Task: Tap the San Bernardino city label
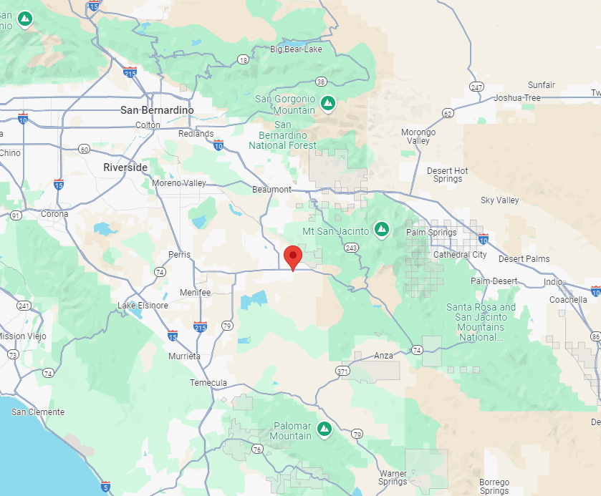tap(157, 110)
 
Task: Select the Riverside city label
tap(125, 167)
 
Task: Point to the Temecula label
tap(208, 382)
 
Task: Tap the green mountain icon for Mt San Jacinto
tap(383, 229)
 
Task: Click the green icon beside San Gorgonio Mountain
tap(328, 102)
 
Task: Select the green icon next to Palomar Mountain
tap(324, 428)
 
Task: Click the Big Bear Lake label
tap(296, 49)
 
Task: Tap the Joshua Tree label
tap(517, 98)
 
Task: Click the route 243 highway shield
tap(351, 248)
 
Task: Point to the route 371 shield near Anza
tap(342, 371)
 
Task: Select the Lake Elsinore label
tap(143, 306)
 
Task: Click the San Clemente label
tap(37, 412)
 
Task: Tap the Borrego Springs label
tap(494, 487)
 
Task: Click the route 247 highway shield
tap(476, 87)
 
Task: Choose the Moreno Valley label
tap(179, 183)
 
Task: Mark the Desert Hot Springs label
tap(448, 175)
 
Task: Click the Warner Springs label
tap(393, 477)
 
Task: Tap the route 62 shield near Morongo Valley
tap(448, 113)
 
